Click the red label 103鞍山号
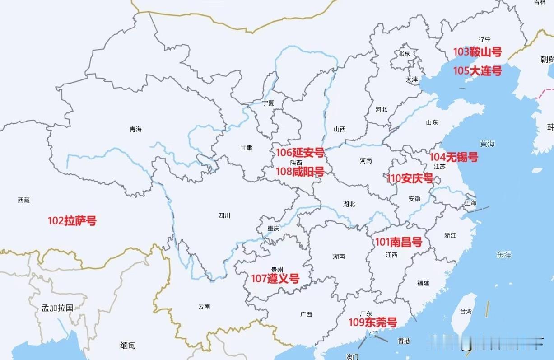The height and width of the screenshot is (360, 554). click(x=477, y=52)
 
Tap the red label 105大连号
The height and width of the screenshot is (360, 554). click(x=477, y=71)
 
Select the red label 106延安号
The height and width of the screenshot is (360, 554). click(x=300, y=153)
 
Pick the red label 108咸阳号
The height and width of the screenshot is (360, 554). click(x=300, y=172)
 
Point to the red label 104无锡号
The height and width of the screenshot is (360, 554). click(x=453, y=157)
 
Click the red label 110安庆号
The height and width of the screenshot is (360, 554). click(x=410, y=178)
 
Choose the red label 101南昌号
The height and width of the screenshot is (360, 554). click(x=399, y=242)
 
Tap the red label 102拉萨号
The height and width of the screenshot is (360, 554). click(x=72, y=221)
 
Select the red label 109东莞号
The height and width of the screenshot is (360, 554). click(x=372, y=323)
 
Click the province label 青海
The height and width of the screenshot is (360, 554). click(x=135, y=129)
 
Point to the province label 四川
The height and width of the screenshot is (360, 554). click(x=224, y=215)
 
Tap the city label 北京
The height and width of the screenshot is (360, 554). click(x=404, y=53)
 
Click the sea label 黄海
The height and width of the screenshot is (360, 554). click(x=488, y=144)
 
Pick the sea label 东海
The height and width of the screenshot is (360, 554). click(x=503, y=255)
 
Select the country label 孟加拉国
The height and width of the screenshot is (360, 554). click(x=57, y=308)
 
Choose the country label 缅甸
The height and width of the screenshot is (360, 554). click(x=128, y=346)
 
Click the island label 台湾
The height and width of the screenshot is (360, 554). click(x=466, y=311)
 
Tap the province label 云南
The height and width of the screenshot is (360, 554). click(x=204, y=306)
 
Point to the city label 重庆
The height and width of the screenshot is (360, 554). click(x=273, y=228)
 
